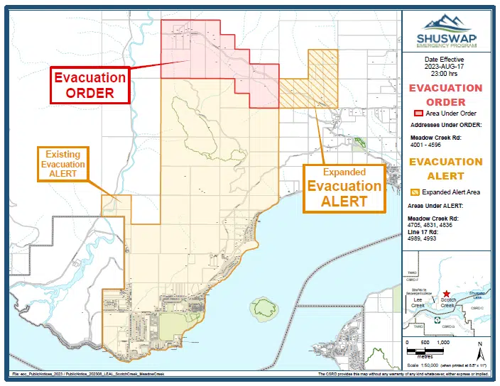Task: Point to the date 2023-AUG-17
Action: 444,67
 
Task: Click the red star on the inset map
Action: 446,294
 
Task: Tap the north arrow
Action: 481,350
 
